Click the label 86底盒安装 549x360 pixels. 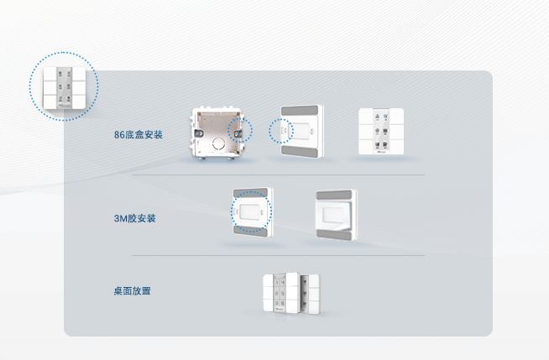(x=139, y=135)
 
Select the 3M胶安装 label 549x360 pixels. (x=135, y=218)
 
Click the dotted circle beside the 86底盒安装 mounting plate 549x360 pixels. (x=281, y=132)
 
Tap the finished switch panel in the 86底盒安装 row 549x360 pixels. (x=382, y=132)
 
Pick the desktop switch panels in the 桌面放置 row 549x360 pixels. (x=291, y=295)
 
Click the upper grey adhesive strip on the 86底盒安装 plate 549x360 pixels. (x=300, y=112)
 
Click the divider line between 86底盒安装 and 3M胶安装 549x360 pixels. (x=278, y=175)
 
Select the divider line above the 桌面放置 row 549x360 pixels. (x=278, y=256)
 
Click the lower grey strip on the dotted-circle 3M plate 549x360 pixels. (x=251, y=232)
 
